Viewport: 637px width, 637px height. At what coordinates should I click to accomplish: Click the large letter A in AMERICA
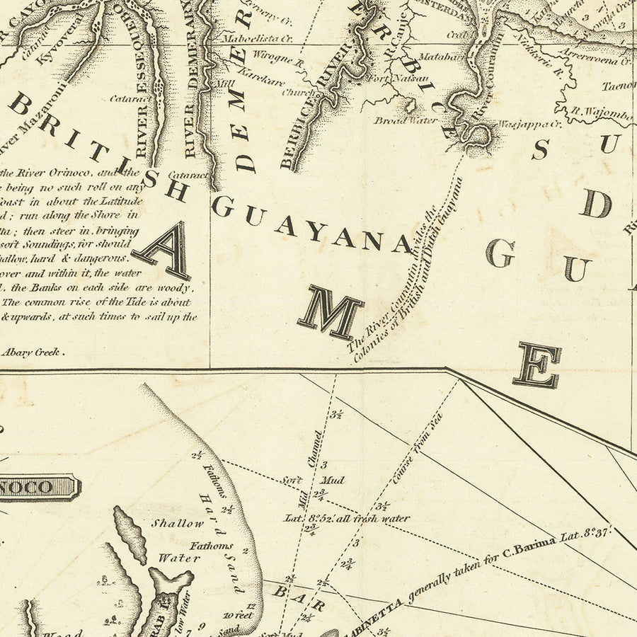click(164, 251)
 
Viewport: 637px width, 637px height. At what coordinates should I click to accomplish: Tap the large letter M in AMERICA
click(331, 314)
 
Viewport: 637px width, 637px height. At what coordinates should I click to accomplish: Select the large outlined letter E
click(537, 365)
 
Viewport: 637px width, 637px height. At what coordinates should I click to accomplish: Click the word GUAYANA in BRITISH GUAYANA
click(311, 225)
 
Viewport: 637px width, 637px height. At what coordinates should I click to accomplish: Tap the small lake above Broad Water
click(408, 105)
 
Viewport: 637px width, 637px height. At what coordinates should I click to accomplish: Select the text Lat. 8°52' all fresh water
click(347, 518)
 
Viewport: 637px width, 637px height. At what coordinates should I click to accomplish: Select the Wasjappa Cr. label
click(529, 124)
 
